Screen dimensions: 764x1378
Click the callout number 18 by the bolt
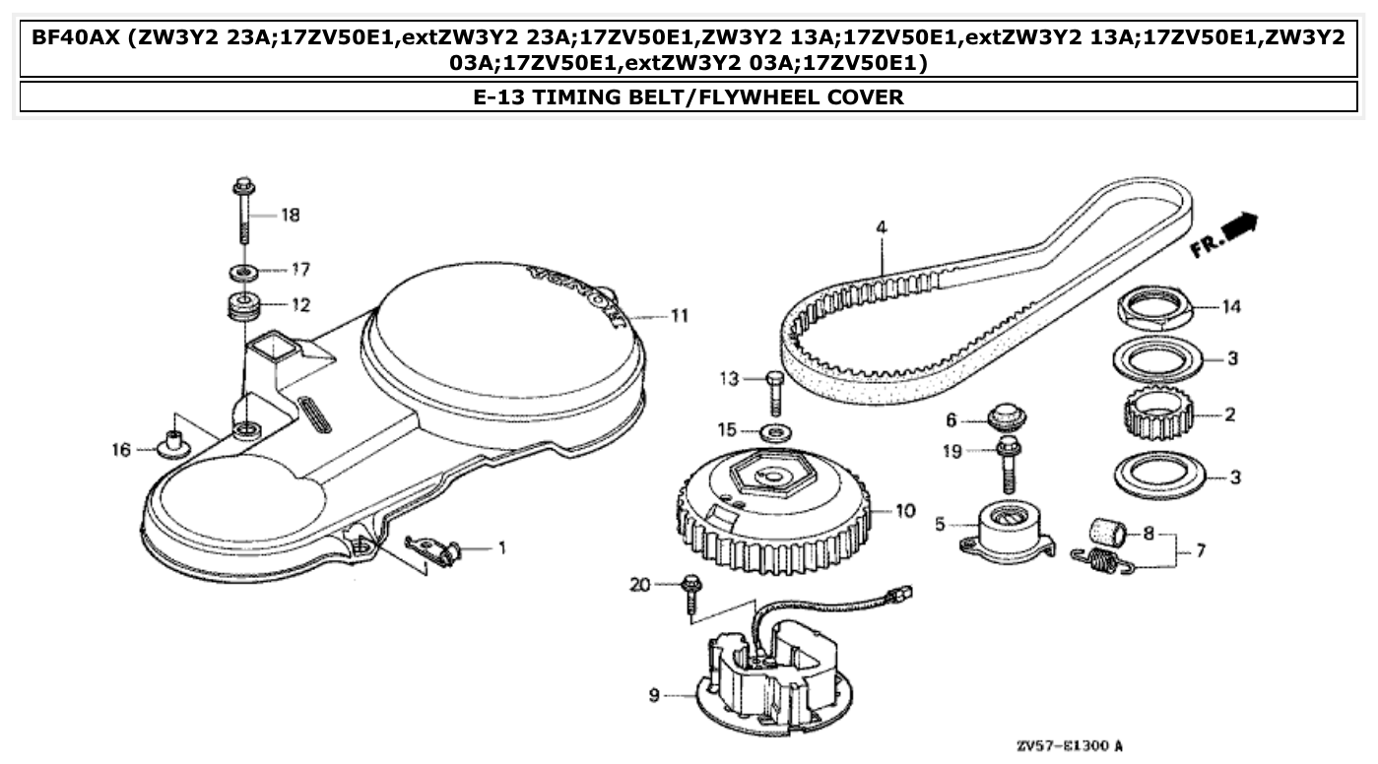pyautogui.click(x=290, y=215)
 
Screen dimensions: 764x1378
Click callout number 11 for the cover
pyautogui.click(x=678, y=316)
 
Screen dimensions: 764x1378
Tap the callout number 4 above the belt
pyautogui.click(x=881, y=227)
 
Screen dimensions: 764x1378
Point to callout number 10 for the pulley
pyautogui.click(x=904, y=510)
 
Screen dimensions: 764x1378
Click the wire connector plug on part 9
pyautogui.click(x=898, y=594)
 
